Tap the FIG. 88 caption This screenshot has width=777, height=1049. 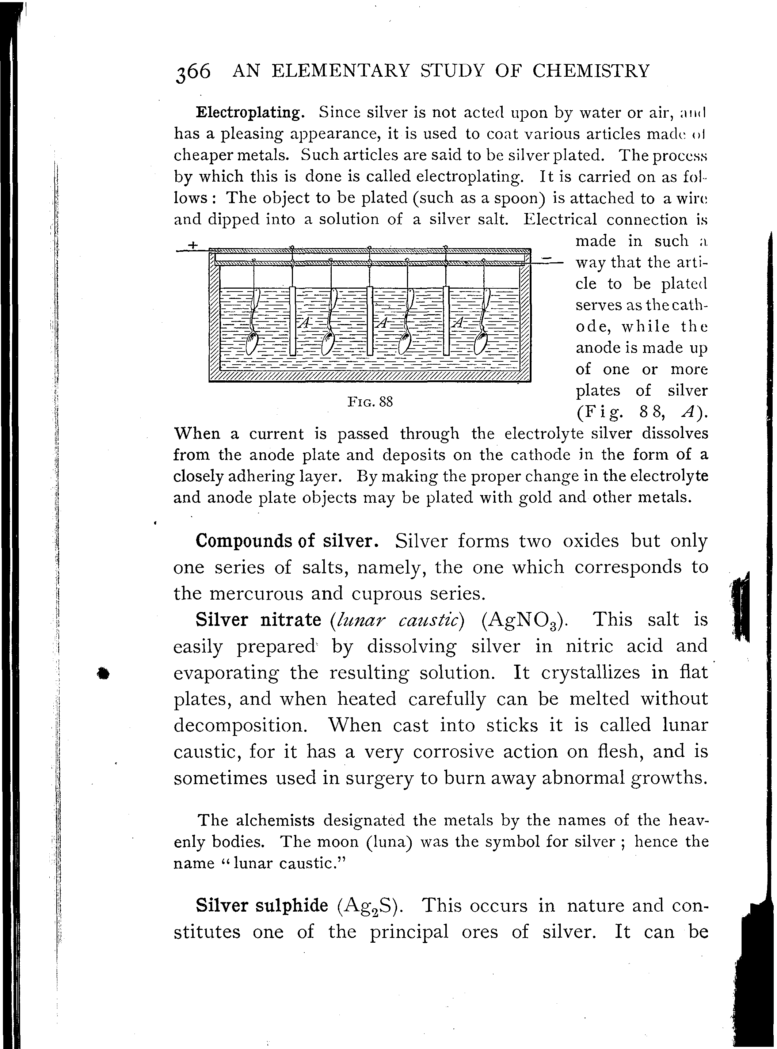370,402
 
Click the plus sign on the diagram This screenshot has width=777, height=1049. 193,245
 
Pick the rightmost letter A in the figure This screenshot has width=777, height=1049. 458,323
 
